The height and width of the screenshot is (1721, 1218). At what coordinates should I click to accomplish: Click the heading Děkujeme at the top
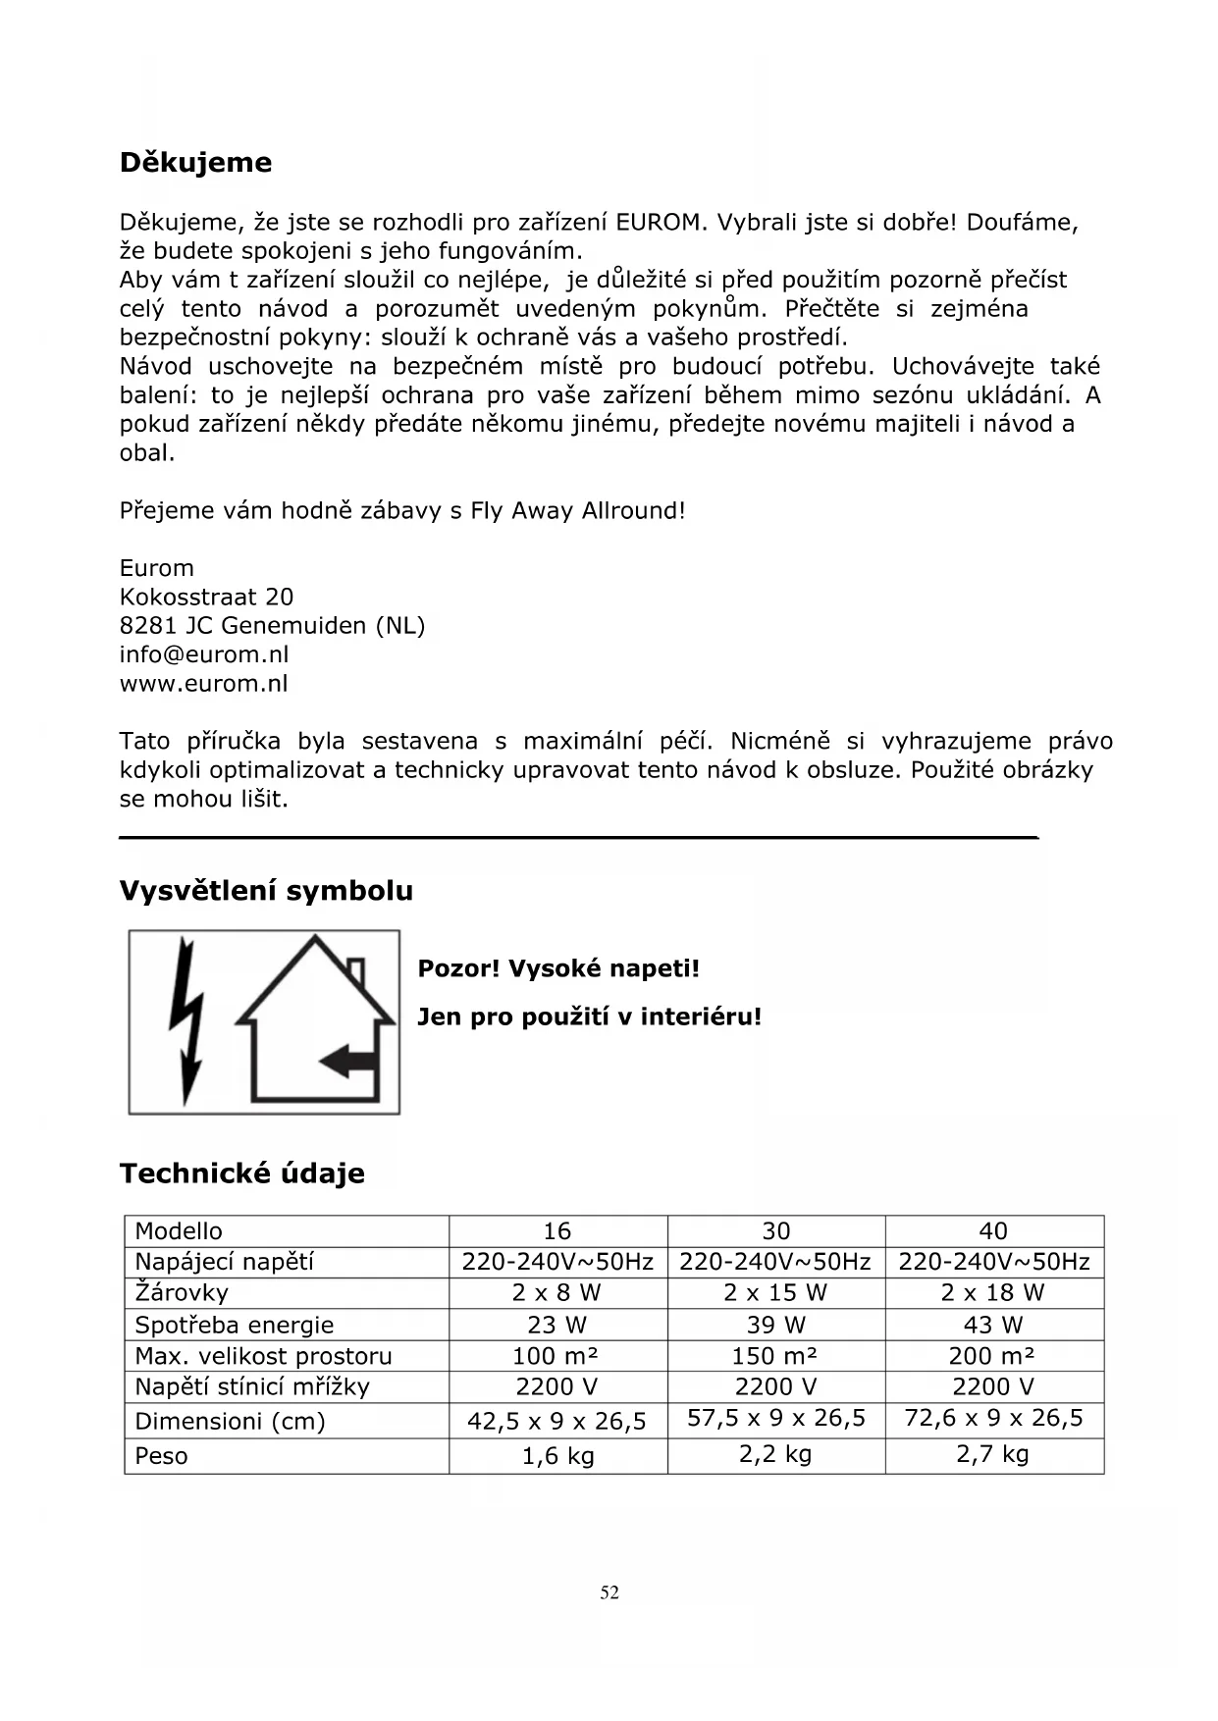coord(195,162)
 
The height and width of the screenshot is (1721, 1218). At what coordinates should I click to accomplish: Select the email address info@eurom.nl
coord(204,654)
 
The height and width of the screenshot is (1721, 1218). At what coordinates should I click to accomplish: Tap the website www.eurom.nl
coord(204,684)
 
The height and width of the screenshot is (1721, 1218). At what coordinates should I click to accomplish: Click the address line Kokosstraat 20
coord(206,597)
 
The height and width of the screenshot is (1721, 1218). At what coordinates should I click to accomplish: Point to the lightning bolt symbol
coord(186,1020)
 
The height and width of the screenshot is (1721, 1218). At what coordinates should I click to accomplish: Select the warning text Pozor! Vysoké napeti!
coord(558,968)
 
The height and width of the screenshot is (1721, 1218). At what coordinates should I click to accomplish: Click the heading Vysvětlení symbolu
coord(266,891)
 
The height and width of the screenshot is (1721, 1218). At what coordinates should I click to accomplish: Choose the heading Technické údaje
coord(241,1173)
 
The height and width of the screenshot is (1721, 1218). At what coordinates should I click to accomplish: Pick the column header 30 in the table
coord(775,1231)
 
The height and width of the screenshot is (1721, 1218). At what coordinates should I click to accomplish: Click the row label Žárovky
coord(182,1293)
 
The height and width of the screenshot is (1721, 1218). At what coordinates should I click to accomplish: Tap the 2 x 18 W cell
coord(992,1293)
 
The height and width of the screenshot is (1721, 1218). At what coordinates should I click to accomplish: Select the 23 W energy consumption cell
coord(556,1325)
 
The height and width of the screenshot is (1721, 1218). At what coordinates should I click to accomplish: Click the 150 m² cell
coord(775,1356)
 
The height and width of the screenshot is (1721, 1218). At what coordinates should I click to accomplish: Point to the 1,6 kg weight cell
coord(557,1456)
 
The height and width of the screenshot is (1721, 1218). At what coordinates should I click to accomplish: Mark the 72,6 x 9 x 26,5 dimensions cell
coord(993,1418)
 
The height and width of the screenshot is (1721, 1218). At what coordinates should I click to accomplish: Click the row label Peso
coord(161,1456)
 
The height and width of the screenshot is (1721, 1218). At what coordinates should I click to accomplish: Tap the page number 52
coord(609,1592)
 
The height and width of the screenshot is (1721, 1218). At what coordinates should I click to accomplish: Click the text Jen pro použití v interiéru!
coord(589,1017)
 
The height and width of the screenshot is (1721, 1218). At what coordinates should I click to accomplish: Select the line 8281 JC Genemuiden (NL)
coord(272,625)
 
